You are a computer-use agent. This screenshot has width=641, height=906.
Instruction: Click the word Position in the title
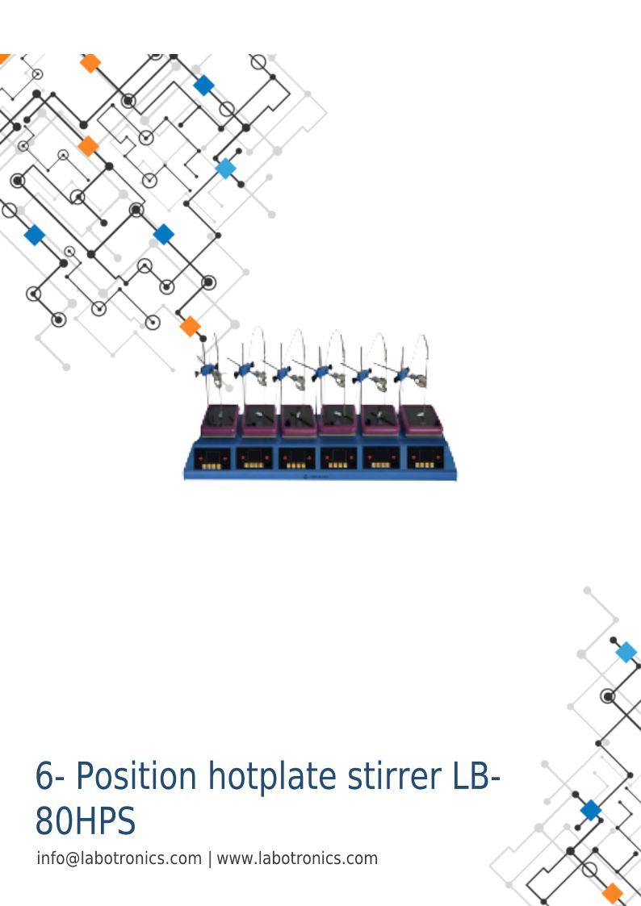[136, 776]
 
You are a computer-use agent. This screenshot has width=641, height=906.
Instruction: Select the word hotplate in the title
[272, 776]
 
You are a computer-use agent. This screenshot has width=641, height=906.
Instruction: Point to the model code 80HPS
[86, 820]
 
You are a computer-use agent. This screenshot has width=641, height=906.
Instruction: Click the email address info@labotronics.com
[119, 858]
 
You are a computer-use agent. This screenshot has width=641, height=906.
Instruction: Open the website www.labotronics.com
[297, 858]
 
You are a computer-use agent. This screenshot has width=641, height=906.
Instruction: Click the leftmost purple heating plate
[220, 420]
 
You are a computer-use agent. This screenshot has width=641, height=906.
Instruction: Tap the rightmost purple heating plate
[422, 420]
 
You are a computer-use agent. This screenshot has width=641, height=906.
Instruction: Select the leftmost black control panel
[212, 457]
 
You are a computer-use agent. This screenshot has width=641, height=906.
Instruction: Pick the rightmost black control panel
[425, 457]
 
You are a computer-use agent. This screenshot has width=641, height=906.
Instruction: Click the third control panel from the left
[296, 457]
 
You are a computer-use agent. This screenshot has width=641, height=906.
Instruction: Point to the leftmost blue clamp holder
[207, 369]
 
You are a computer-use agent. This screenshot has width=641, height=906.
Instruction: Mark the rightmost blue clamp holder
[402, 374]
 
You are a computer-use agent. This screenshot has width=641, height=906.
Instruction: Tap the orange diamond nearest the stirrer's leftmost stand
[191, 327]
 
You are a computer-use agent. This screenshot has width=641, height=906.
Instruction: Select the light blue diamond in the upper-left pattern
[225, 169]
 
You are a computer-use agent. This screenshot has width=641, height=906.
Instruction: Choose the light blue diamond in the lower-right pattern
[626, 653]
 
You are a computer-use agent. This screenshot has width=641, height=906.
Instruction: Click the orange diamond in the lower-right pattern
[613, 893]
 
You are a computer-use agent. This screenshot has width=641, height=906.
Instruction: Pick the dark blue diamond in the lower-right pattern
[591, 810]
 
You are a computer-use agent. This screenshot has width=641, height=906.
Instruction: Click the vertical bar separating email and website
[210, 858]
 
